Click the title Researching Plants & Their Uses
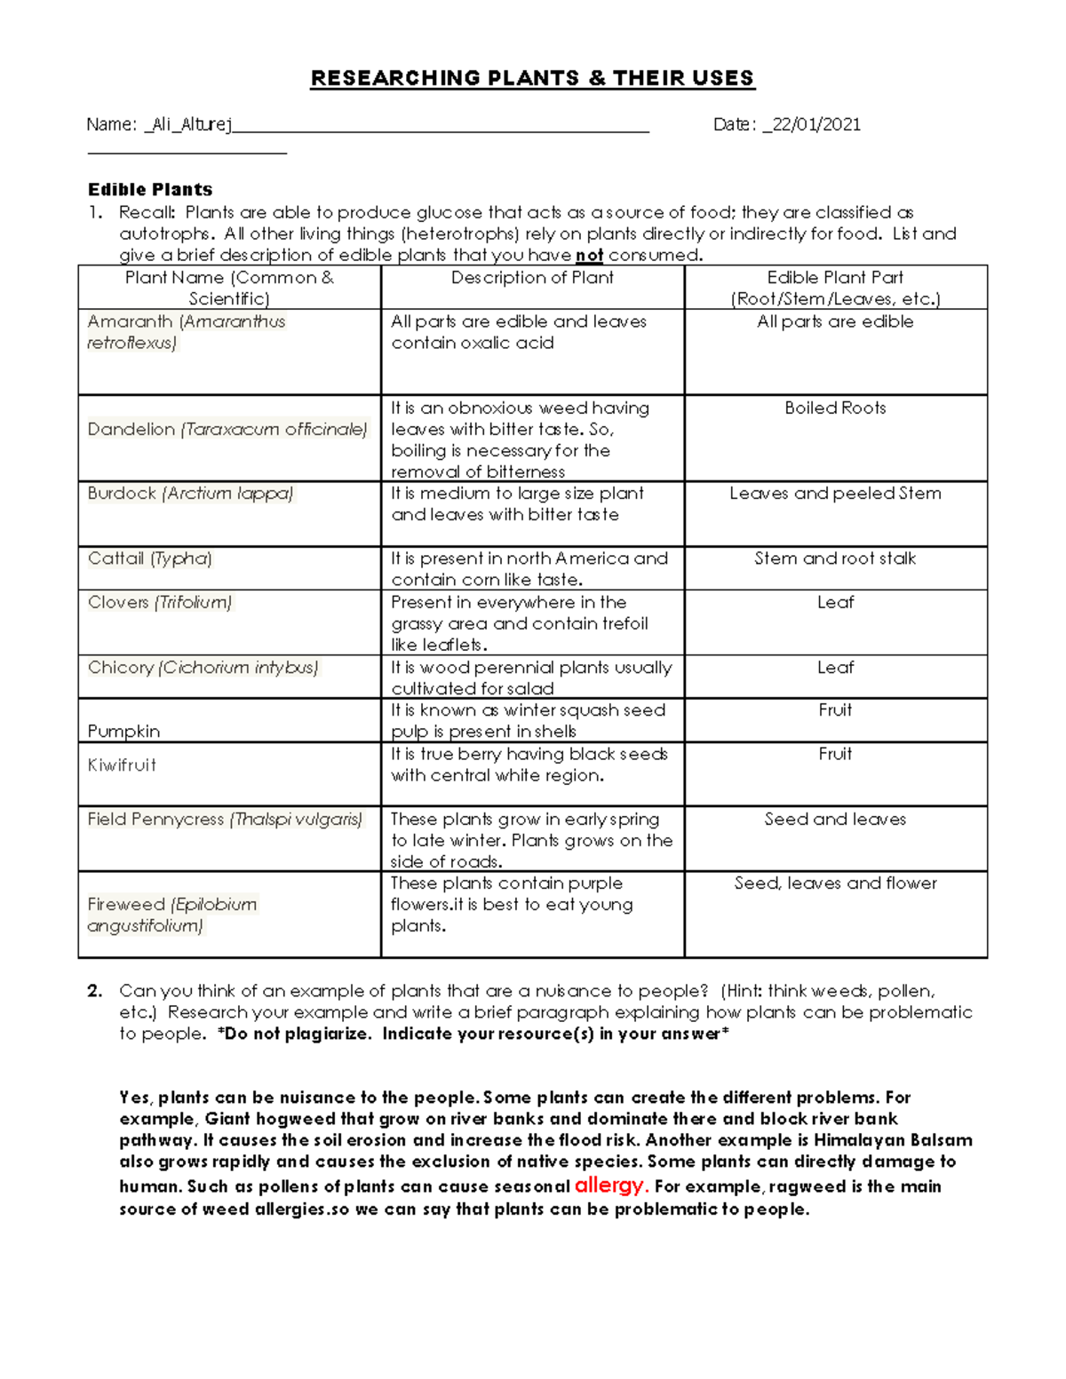(532, 78)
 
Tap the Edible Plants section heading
(150, 189)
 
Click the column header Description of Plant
(532, 278)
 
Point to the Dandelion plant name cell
(227, 430)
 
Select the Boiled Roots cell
(835, 408)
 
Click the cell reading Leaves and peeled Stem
(835, 494)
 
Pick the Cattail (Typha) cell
(149, 559)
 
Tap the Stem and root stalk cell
(835, 559)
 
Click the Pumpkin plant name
(123, 732)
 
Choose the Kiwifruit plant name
(122, 765)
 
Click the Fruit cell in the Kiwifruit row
(835, 754)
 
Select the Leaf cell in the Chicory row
(835, 668)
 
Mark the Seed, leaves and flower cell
(835, 884)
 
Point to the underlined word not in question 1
(589, 256)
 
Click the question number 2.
(95, 991)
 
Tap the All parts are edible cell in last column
(835, 322)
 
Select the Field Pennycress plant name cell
(225, 820)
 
